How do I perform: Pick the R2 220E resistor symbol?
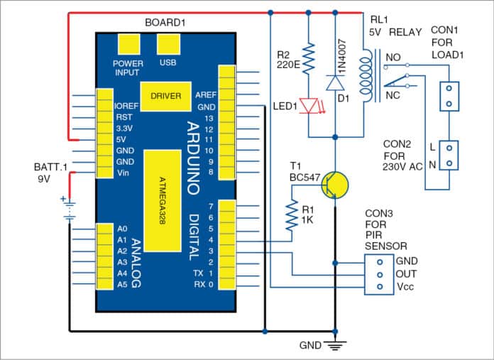tap(309, 55)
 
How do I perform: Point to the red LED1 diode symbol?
tap(309, 105)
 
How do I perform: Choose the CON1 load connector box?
tap(449, 97)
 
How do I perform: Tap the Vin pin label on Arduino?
tap(122, 173)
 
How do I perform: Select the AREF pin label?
tap(205, 95)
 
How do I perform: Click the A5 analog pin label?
tap(121, 284)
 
